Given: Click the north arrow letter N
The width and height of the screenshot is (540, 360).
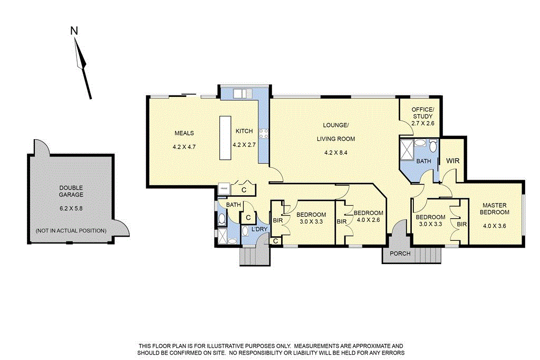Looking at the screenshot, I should coord(74,31).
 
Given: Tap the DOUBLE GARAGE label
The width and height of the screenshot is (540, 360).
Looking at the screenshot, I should coord(71,191).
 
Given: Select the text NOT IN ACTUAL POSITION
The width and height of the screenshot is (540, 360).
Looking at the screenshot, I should coord(71,231).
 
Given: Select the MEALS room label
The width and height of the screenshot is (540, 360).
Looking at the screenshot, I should coord(185,133).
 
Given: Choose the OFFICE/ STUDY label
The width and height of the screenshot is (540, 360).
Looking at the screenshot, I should coord(422,113).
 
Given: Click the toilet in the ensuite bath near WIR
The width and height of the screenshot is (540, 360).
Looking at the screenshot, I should coord(432,146).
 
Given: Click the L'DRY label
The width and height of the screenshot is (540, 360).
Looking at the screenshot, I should coord(259,229).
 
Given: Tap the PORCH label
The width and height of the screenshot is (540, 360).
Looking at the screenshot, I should coord(400,254).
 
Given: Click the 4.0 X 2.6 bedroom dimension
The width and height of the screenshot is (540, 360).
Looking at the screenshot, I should coord(369,220).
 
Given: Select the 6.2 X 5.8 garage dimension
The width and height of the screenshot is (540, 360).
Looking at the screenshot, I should coord(71,208).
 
